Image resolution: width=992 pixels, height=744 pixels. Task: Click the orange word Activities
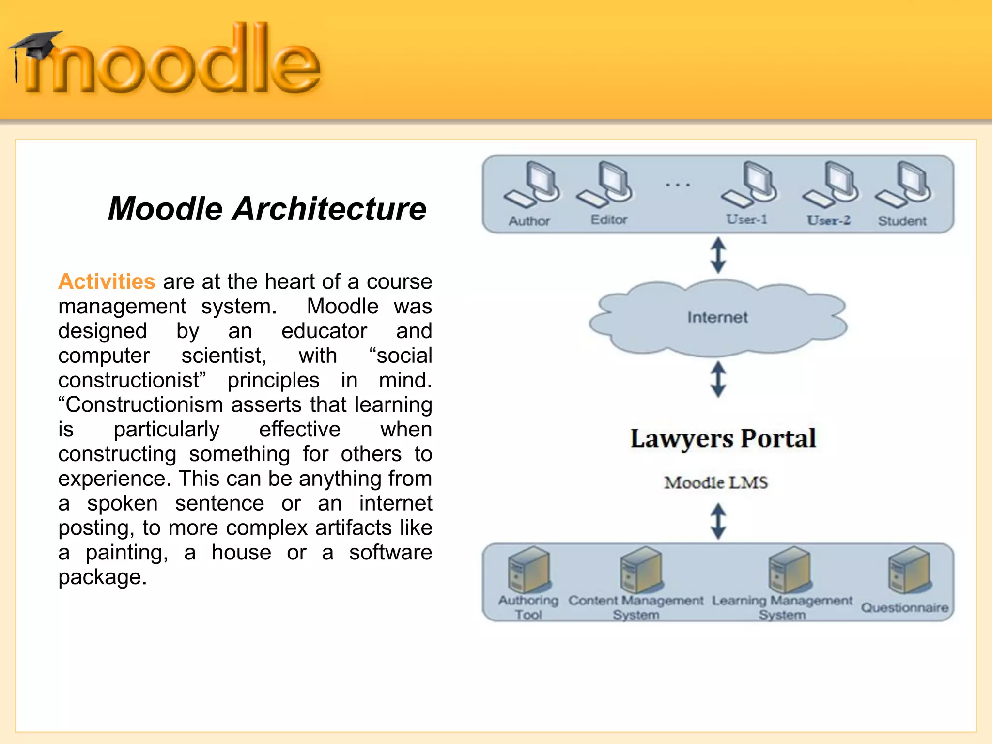tap(107, 281)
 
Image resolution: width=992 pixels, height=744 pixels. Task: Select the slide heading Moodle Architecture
tap(267, 209)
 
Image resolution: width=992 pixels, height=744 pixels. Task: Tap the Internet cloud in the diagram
tap(717, 317)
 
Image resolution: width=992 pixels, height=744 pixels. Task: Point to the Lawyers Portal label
tap(723, 438)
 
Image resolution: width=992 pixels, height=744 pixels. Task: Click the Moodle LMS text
tap(716, 482)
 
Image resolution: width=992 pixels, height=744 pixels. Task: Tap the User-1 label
tap(746, 220)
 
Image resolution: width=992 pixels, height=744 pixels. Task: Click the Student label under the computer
tap(902, 221)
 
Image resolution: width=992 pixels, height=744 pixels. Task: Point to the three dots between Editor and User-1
tap(678, 185)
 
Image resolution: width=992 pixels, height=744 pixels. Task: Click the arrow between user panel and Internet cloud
tap(718, 255)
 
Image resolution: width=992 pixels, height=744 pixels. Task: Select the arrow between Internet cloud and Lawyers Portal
tap(718, 379)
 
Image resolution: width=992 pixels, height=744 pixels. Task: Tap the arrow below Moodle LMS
tap(718, 521)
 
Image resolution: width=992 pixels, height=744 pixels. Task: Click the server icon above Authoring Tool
tap(529, 570)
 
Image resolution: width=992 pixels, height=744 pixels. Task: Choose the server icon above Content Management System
tap(641, 570)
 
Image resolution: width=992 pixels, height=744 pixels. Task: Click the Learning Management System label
tap(782, 607)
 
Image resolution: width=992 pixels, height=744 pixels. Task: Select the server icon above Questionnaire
tap(909, 570)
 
